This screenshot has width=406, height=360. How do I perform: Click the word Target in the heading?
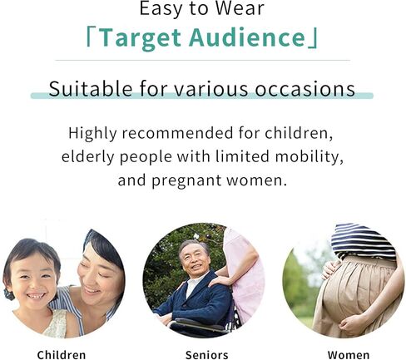[x=140, y=38]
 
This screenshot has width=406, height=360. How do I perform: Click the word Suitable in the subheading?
[x=91, y=89]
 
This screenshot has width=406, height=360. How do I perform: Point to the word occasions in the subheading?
[x=305, y=90]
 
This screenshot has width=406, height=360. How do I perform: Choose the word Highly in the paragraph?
[x=92, y=134]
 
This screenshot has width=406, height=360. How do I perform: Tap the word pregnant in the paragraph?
[x=186, y=181]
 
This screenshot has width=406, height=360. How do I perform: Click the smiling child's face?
[x=33, y=280]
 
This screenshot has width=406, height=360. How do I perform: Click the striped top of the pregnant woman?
[x=363, y=241]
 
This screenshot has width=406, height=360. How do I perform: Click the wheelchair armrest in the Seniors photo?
[x=198, y=323]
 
